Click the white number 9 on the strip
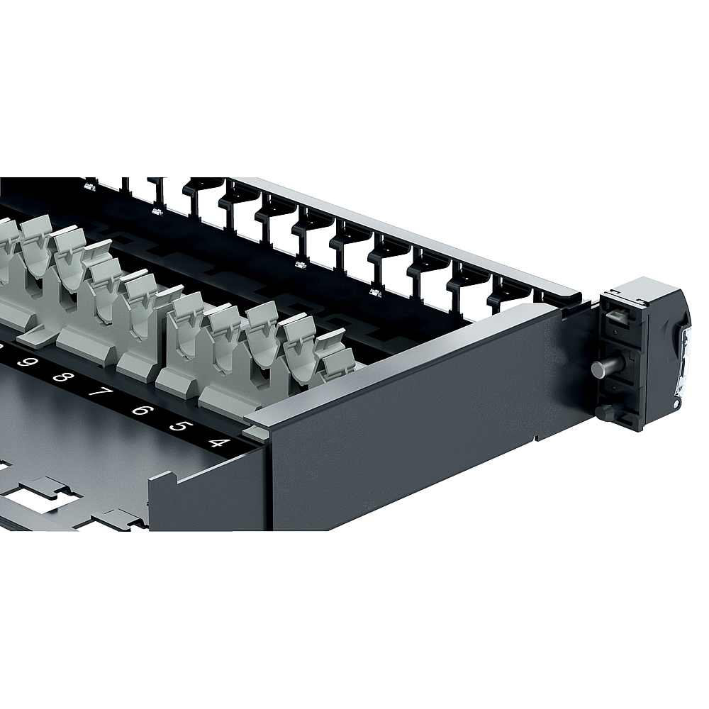pos(25,362)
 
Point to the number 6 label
pos(140,410)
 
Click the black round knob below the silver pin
pos(602,411)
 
